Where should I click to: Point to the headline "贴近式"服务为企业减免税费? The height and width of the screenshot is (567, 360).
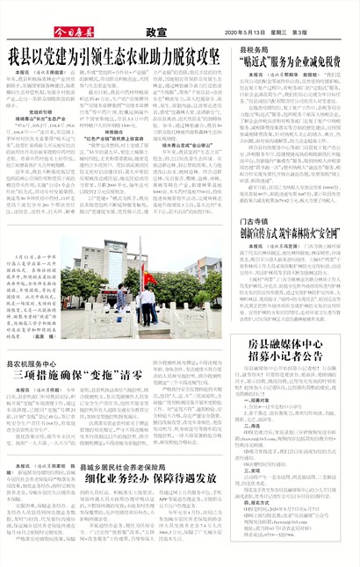tap(291, 63)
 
